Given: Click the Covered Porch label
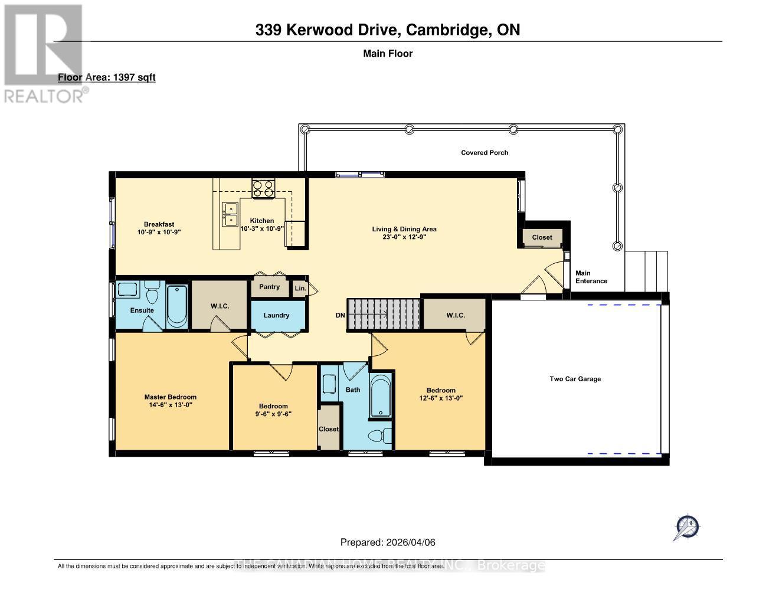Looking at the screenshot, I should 485,152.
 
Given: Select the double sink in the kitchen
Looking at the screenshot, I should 230,214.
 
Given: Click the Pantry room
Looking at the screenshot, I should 269,287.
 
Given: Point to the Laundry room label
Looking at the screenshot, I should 276,315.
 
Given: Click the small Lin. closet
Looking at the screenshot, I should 300,288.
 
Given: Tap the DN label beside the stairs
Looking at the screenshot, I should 340,315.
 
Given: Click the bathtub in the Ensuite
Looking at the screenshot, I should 177,306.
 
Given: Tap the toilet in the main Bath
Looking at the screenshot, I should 379,436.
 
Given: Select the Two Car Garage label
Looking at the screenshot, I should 575,379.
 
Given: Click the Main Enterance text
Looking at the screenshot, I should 591,277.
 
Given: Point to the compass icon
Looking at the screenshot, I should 686,526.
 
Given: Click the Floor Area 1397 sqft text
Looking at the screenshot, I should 107,77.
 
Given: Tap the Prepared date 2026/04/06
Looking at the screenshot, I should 388,542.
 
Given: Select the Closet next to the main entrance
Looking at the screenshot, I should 542,237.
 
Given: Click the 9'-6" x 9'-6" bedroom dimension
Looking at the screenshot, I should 273,414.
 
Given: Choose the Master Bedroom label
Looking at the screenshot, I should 171,397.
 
